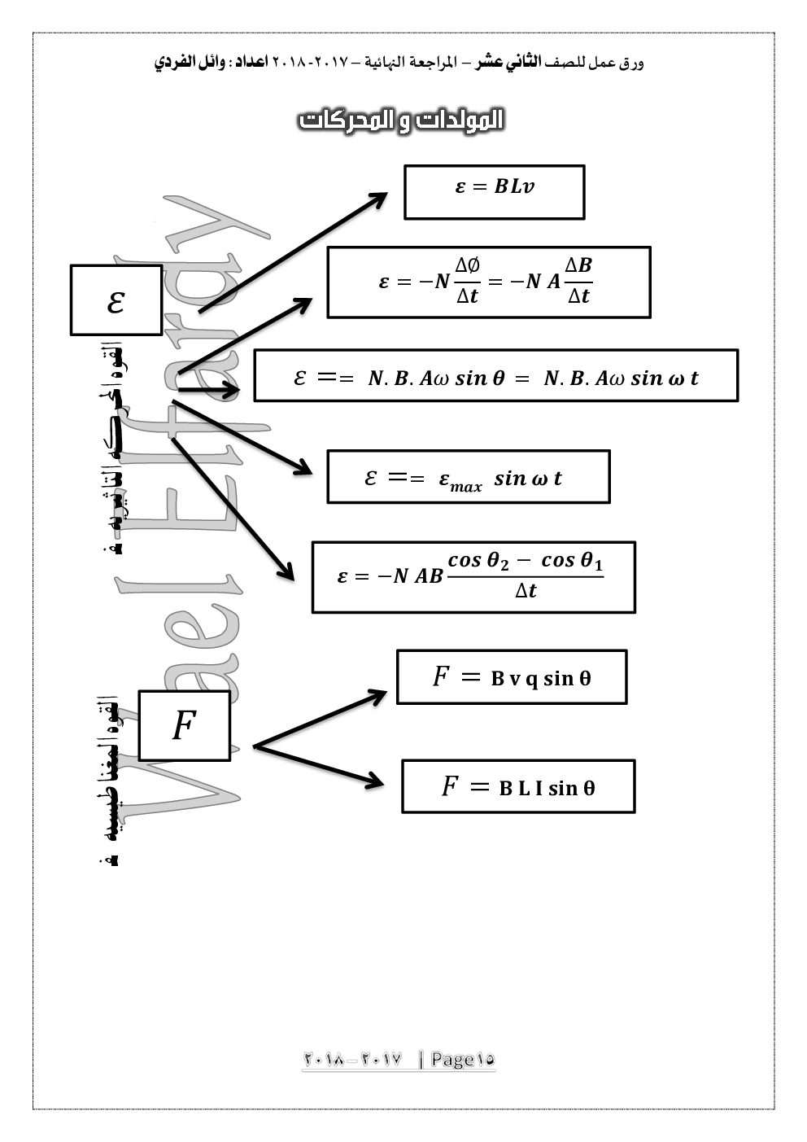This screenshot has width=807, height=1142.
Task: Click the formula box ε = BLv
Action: [x=494, y=192]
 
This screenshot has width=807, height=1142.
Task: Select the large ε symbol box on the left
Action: [x=116, y=300]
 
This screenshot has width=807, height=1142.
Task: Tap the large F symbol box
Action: [x=184, y=725]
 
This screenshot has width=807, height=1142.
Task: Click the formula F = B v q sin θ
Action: [x=511, y=676]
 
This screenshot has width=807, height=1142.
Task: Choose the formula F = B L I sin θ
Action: [x=517, y=786]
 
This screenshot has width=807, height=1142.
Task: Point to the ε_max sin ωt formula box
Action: [x=468, y=477]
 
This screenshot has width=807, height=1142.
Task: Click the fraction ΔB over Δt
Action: [x=578, y=281]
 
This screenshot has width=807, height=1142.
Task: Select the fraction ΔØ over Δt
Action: [x=467, y=281]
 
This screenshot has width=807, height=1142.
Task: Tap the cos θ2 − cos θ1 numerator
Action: [x=526, y=560]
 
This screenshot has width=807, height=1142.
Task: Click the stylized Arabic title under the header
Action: [x=402, y=120]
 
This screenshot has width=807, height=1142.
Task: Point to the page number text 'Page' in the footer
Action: [x=452, y=1059]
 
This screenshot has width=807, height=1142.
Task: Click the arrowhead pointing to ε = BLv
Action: [x=379, y=199]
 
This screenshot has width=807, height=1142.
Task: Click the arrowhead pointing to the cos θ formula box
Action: [x=286, y=571]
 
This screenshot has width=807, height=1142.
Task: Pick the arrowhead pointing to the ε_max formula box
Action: [x=303, y=468]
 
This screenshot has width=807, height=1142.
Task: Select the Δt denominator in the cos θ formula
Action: [x=526, y=591]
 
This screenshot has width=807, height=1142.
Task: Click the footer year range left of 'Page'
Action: [x=353, y=1059]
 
